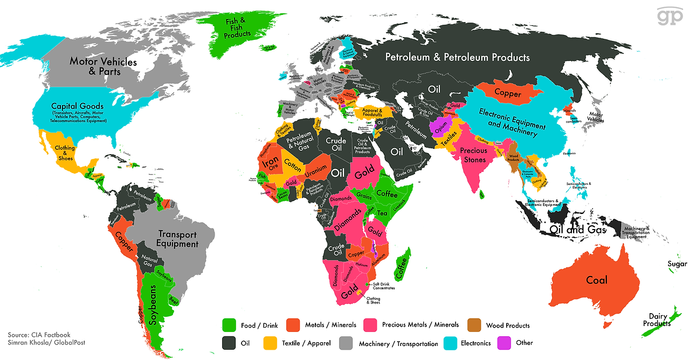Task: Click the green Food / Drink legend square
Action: pos(230,325)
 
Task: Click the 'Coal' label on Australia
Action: pos(596,280)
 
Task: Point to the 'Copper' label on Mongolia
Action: pos(507,94)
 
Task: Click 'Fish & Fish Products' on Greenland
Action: pos(237,27)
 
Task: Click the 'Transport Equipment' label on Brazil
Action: pos(177,239)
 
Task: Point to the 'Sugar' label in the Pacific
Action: pos(677,264)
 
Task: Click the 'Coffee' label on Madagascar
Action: pos(401,268)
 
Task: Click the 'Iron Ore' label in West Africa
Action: pos(271,162)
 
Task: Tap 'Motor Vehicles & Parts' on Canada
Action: pos(103,66)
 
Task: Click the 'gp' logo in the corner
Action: pos(669,16)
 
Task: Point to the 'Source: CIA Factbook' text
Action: pos(39,335)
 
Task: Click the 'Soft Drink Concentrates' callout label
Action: pos(383,286)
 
